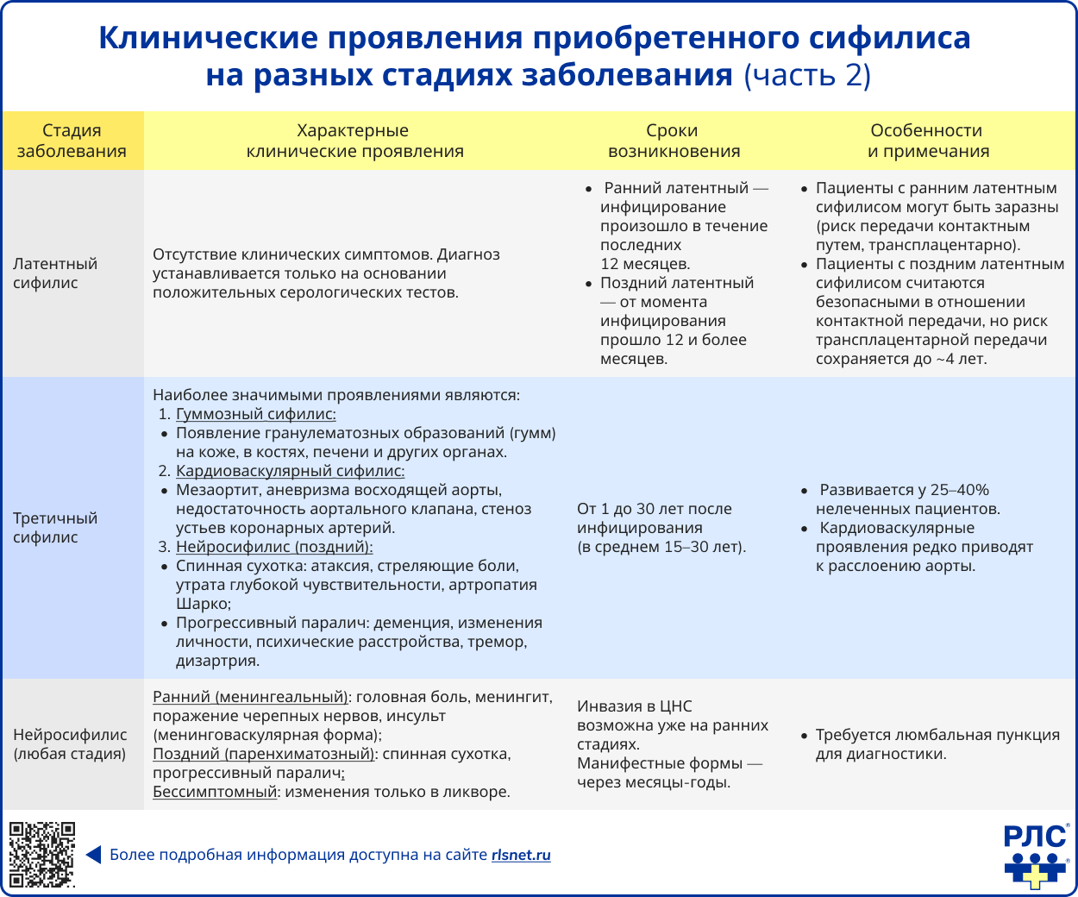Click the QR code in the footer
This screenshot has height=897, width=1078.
click(41, 855)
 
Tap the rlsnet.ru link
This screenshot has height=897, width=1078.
click(521, 856)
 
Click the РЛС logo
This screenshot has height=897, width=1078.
click(1036, 854)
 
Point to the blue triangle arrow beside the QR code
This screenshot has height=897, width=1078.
click(93, 856)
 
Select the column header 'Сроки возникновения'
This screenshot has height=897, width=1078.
click(673, 141)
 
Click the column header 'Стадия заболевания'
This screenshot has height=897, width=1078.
click(72, 141)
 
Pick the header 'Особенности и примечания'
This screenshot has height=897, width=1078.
click(927, 141)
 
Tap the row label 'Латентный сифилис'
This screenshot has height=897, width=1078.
click(55, 273)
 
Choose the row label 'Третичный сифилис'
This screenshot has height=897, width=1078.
click(55, 528)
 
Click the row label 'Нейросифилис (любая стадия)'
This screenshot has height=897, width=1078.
click(70, 744)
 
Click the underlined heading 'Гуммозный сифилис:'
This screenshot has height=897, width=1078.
click(256, 414)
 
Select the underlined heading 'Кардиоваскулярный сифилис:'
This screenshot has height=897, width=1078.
click(290, 471)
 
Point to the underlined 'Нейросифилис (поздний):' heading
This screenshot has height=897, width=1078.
click(274, 547)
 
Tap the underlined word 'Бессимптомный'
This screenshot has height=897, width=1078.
click(215, 792)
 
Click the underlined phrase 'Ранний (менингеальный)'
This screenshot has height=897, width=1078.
click(251, 697)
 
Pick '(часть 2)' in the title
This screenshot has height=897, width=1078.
click(807, 75)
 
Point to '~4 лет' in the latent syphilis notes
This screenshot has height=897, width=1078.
click(961, 359)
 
